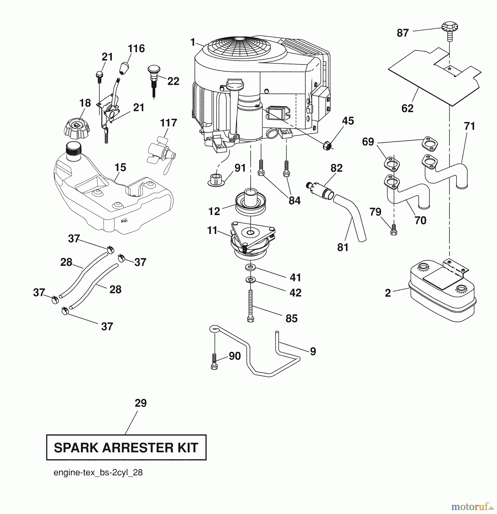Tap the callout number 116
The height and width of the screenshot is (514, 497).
[136, 49]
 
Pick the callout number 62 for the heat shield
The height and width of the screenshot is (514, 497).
[407, 109]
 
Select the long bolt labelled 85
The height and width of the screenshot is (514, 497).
[250, 306]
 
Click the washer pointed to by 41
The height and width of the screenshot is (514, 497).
[250, 268]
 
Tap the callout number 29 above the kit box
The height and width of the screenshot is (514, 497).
[141, 403]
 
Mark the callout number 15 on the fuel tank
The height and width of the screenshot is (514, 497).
[120, 168]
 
